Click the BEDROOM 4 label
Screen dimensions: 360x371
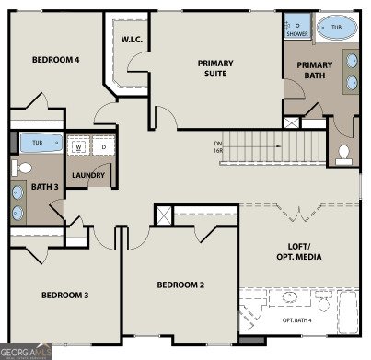55,60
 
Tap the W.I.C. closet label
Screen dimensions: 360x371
130,40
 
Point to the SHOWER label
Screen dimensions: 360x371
296,33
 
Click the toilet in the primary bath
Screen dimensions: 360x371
344,153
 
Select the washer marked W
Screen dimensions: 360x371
79,145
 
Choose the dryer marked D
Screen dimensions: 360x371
103,145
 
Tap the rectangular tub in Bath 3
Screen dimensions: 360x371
37,144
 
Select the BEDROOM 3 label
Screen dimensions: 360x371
64,295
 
